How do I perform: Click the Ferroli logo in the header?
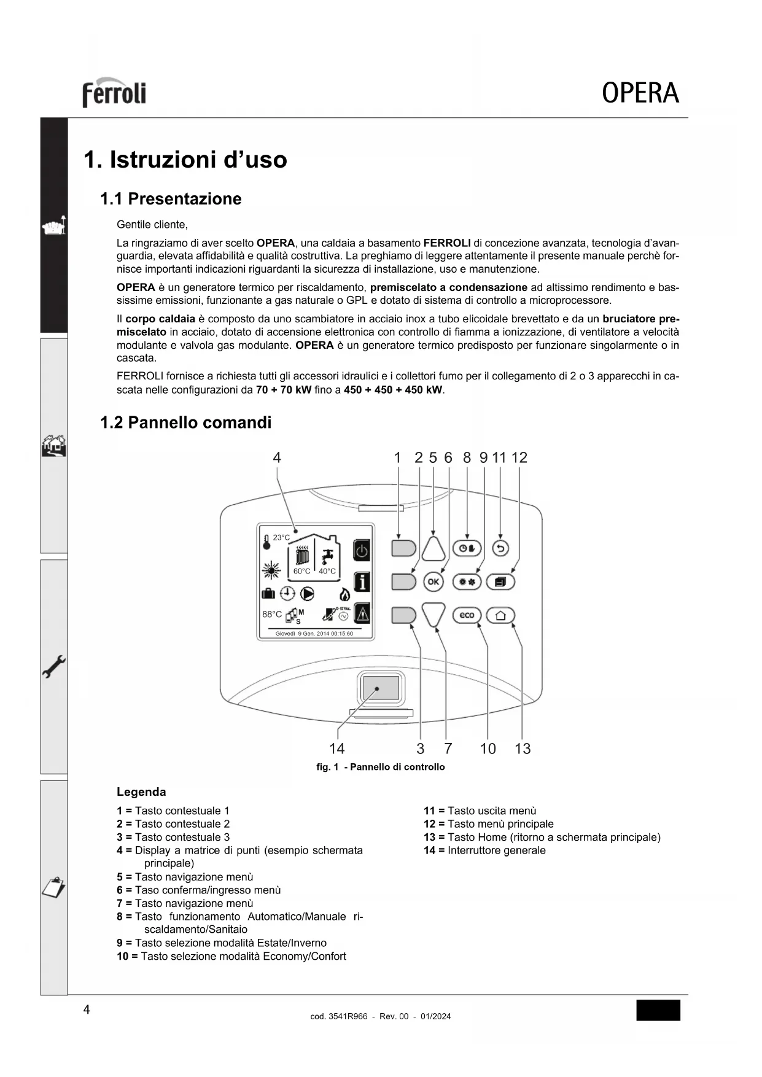click(114, 93)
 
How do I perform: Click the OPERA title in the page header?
click(640, 93)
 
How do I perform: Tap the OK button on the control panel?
click(433, 581)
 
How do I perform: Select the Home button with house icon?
click(500, 615)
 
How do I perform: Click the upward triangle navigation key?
click(433, 548)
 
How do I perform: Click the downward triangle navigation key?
click(433, 615)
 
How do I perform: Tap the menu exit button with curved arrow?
click(500, 548)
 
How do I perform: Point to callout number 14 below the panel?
click(336, 748)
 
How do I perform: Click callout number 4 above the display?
click(277, 457)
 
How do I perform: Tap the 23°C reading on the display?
click(281, 538)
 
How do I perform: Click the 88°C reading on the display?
click(272, 614)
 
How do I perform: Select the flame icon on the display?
click(344, 594)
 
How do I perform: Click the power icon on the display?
click(362, 551)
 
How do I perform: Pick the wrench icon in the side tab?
click(54, 666)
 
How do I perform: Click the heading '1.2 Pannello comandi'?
click(185, 422)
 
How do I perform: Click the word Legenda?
click(141, 792)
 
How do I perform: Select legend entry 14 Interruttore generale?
click(484, 850)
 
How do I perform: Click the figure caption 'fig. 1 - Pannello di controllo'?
click(380, 767)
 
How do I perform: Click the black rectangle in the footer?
click(658, 1010)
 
